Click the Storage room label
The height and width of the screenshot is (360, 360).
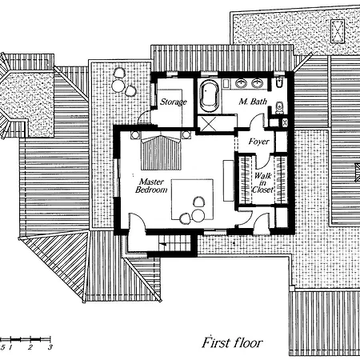pyautogui.click(x=173, y=102)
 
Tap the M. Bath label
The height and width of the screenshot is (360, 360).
pyautogui.click(x=253, y=102)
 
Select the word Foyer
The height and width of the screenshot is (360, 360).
pyautogui.click(x=258, y=142)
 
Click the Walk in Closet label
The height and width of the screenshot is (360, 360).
pyautogui.click(x=263, y=182)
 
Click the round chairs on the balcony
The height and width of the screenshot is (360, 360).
pyautogui.click(x=120, y=82)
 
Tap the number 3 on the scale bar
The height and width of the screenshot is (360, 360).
pyautogui.click(x=50, y=348)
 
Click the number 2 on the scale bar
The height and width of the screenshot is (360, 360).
pyautogui.click(x=30, y=348)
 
